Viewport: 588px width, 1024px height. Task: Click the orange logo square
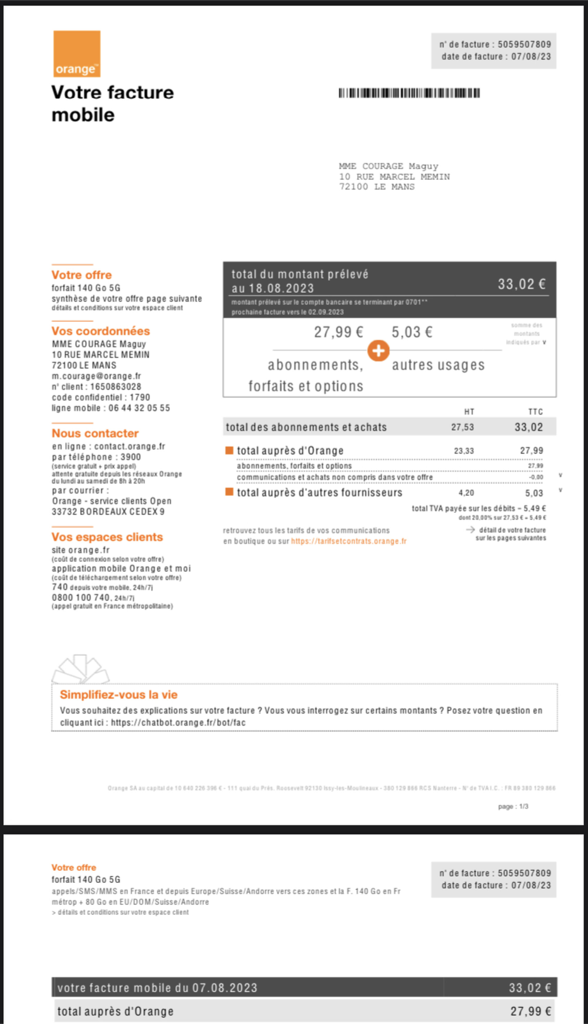pos(77,54)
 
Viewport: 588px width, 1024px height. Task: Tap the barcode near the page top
pos(409,93)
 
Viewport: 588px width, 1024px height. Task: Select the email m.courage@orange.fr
pos(96,376)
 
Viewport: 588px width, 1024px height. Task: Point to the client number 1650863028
pos(116,386)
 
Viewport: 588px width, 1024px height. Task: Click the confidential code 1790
pos(140,397)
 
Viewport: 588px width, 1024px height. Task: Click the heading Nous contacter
pos(95,433)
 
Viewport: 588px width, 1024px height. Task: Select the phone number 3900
pos(131,457)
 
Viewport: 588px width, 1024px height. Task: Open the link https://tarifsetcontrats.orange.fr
pos(348,541)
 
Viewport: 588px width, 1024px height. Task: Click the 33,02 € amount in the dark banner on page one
pos(521,284)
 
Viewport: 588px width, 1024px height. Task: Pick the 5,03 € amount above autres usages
pos(412,332)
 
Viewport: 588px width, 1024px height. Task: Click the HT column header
pos(469,412)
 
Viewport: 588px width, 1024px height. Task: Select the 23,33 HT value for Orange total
pos(464,451)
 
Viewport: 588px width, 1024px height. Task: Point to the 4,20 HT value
pos(466,493)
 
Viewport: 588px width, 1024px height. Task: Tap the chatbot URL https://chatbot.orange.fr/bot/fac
pos(178,722)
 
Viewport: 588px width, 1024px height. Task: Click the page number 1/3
pos(523,806)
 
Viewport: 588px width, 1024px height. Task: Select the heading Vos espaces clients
pos(107,537)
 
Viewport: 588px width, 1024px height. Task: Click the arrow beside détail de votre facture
pos(470,530)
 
